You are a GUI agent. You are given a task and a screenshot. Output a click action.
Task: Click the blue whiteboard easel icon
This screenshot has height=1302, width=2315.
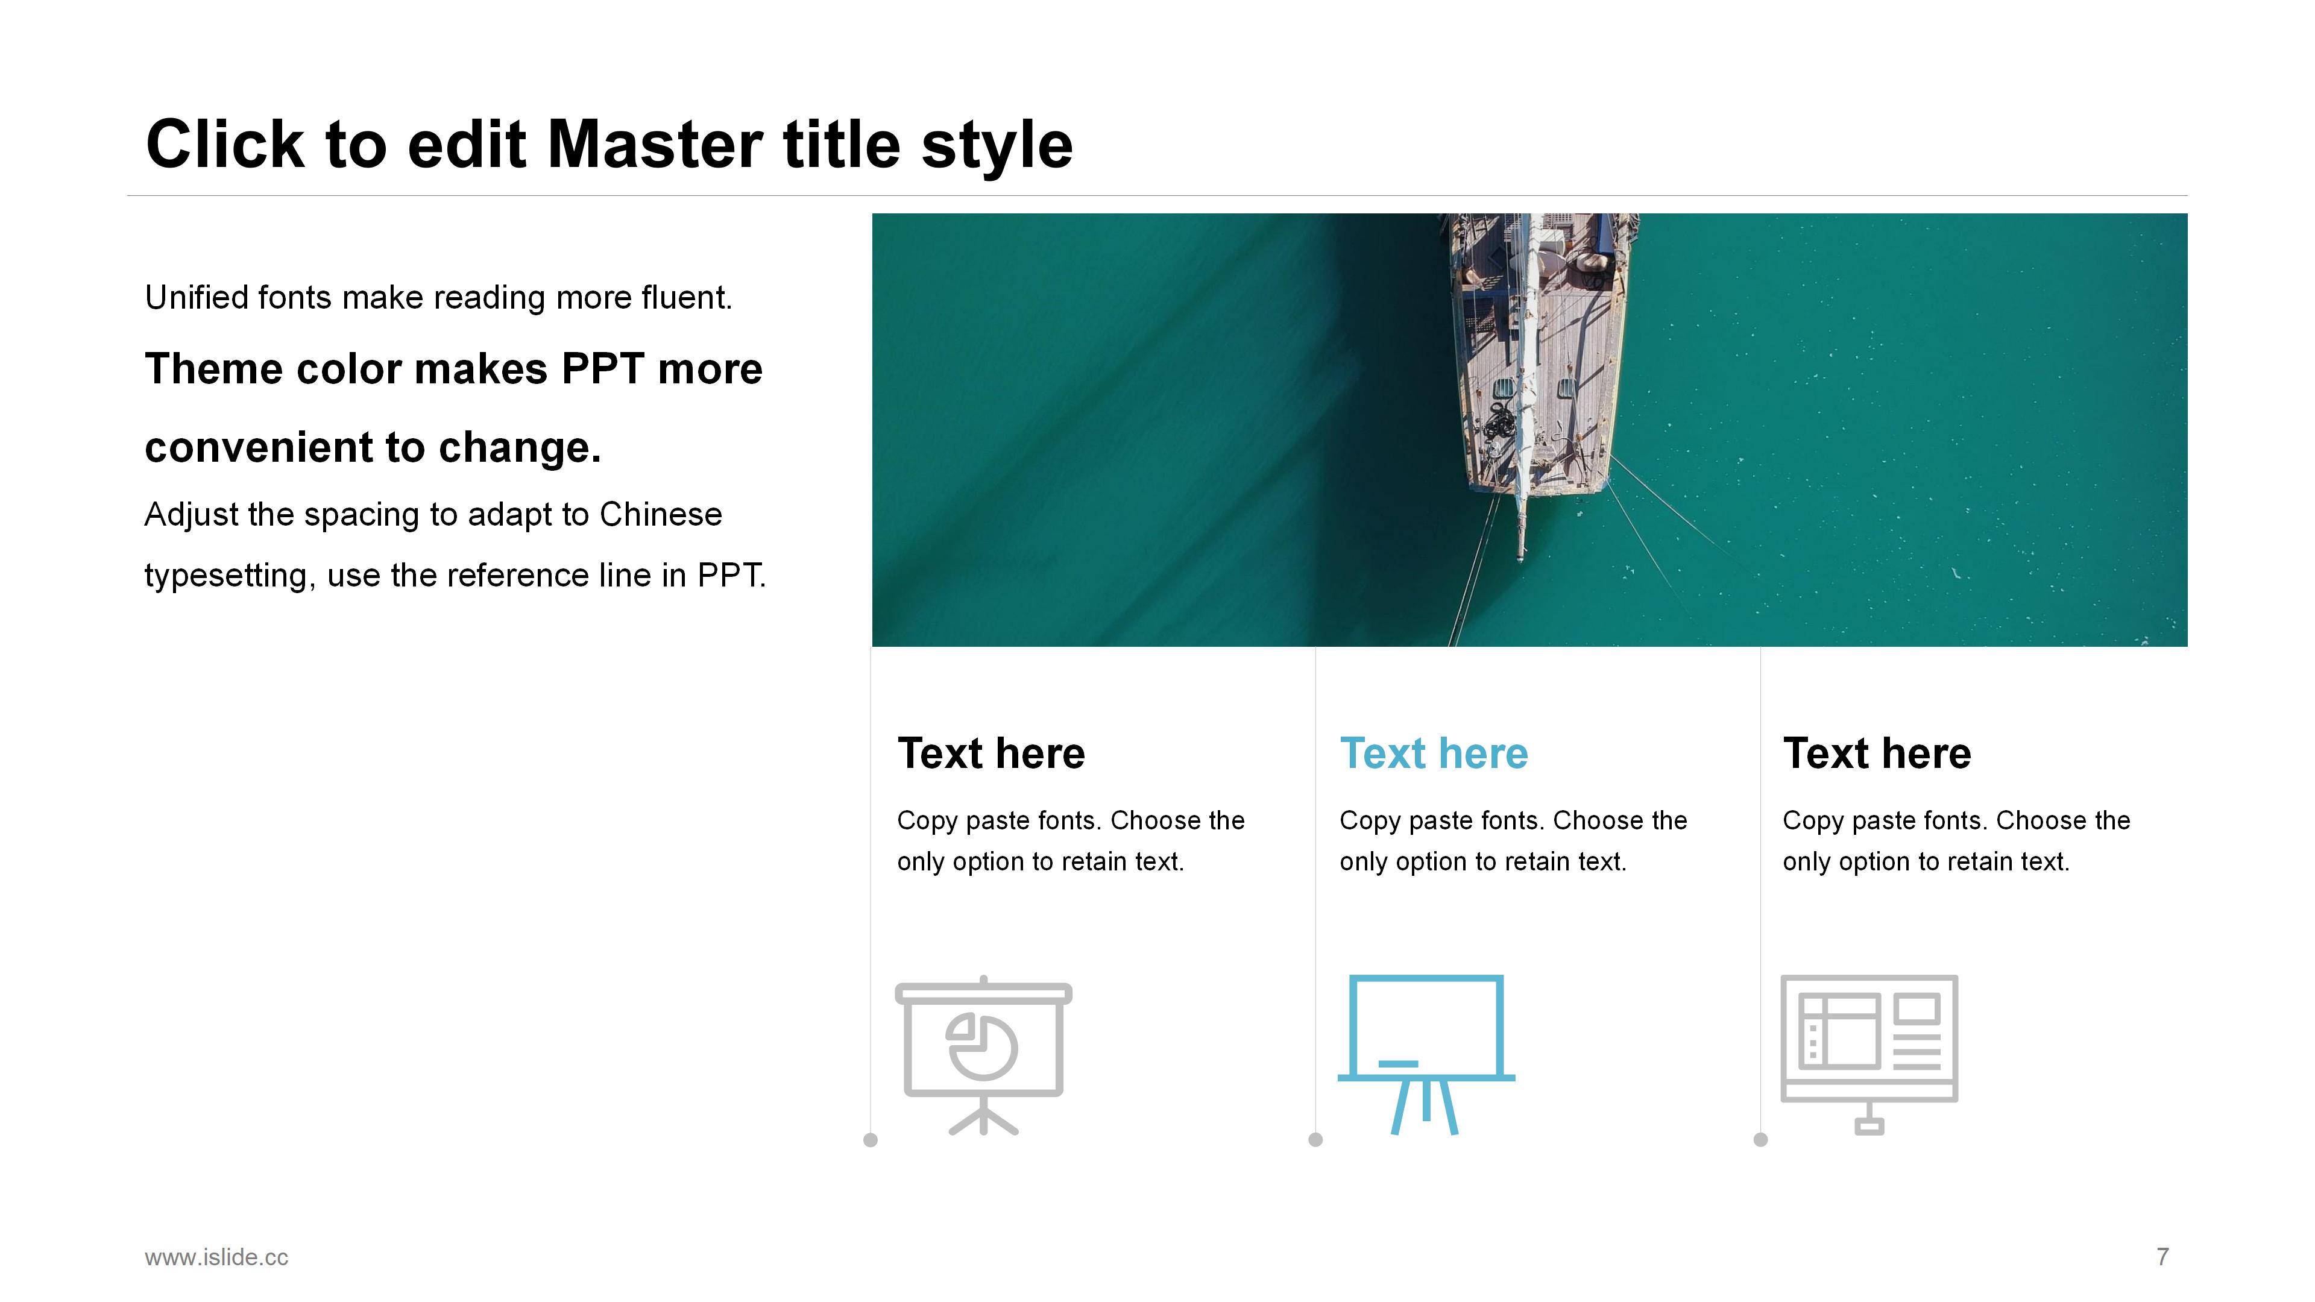pyautogui.click(x=1426, y=1055)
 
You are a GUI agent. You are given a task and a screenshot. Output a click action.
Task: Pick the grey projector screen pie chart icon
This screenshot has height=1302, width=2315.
pyautogui.click(x=983, y=1055)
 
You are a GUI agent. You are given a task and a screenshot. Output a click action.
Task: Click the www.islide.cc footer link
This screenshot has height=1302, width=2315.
pyautogui.click(x=216, y=1257)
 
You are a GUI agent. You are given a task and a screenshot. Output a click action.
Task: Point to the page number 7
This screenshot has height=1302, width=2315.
pyautogui.click(x=2163, y=1256)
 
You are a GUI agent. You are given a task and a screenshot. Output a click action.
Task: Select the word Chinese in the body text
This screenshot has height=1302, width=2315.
pyautogui.click(x=661, y=515)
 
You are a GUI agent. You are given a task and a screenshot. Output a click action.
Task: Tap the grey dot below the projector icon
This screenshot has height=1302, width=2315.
pyautogui.click(x=870, y=1140)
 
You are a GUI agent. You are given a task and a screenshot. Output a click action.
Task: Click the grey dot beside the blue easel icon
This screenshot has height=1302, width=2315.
pyautogui.click(x=1315, y=1140)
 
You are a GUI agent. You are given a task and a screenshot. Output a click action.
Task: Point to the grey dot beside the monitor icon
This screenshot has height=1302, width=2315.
pyautogui.click(x=1760, y=1140)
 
